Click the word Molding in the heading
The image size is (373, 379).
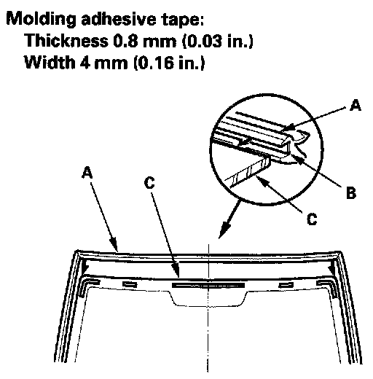(x=41, y=19)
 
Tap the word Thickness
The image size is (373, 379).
(x=66, y=40)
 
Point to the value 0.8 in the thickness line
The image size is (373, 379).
(x=125, y=41)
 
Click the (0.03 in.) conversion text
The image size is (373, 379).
(x=218, y=41)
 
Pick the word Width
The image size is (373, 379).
(x=50, y=62)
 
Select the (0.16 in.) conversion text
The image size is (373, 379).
(x=169, y=63)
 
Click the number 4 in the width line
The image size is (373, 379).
(x=85, y=63)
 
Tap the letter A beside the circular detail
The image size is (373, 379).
(x=355, y=105)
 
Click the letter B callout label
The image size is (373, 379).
(x=351, y=193)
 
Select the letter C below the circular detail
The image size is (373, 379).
(x=312, y=219)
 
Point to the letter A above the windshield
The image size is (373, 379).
(x=87, y=172)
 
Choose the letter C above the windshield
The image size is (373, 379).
(x=149, y=182)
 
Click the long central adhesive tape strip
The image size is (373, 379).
(x=208, y=285)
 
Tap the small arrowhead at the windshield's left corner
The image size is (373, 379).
(x=85, y=267)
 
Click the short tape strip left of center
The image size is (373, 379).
(x=130, y=284)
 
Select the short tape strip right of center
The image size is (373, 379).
(x=286, y=284)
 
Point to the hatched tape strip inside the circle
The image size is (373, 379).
(x=249, y=171)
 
